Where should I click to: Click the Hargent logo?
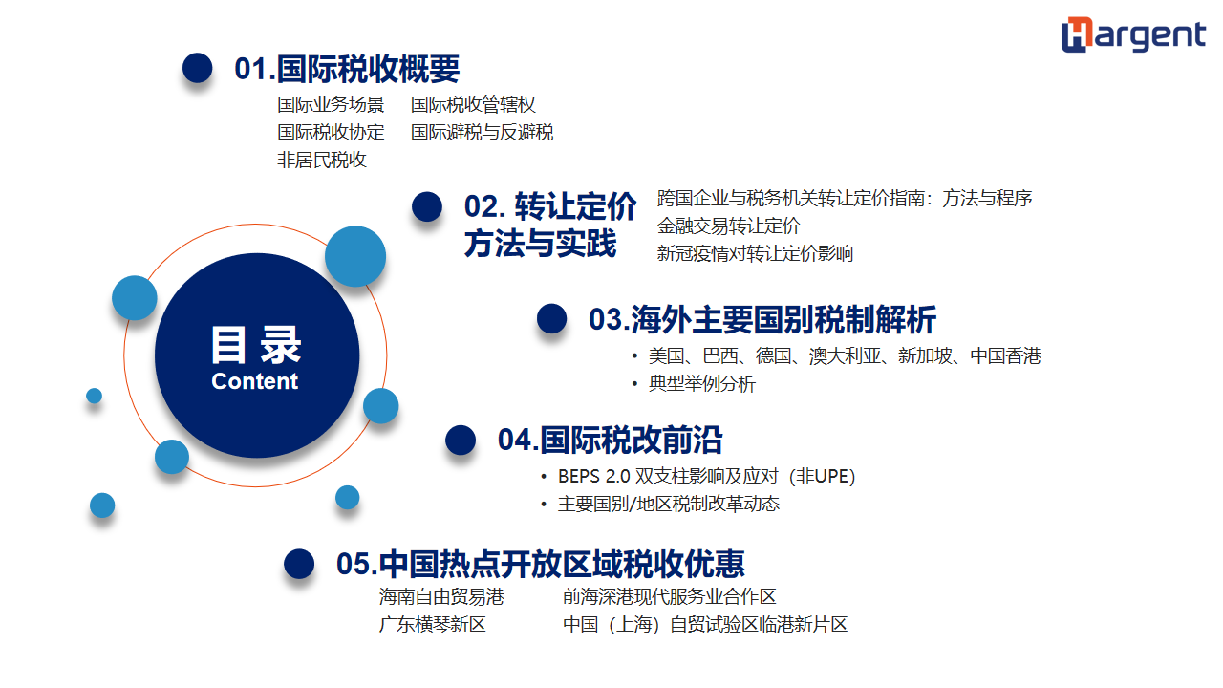(1133, 34)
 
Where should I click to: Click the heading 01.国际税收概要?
(347, 69)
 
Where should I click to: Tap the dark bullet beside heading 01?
(197, 68)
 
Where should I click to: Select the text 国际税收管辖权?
(473, 104)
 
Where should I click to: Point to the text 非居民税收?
(322, 160)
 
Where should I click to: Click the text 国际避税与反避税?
(482, 132)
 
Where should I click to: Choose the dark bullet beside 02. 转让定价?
(427, 206)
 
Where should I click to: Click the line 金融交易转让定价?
(728, 226)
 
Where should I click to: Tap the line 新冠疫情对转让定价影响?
(755, 253)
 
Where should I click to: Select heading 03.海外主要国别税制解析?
(762, 319)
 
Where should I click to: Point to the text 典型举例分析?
(701, 383)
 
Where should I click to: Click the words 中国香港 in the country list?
(1006, 356)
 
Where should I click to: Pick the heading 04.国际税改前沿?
(610, 441)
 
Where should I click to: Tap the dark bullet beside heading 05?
(299, 564)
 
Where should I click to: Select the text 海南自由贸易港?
(441, 597)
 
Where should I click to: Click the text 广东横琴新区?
(433, 624)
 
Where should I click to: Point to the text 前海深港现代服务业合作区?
(670, 597)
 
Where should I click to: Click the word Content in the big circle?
(254, 381)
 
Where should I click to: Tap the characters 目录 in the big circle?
(255, 345)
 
